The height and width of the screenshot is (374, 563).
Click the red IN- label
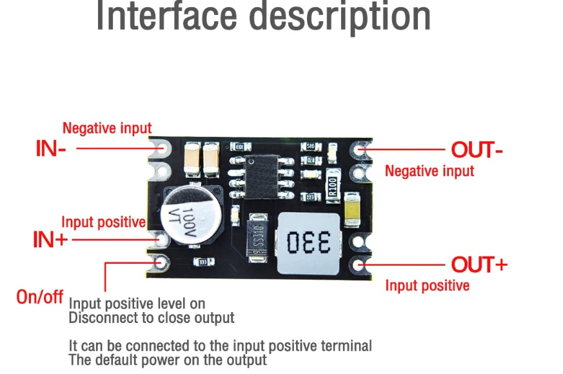coord(50,149)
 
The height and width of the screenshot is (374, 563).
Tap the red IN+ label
coord(50,240)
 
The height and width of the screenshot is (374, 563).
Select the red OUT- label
coord(477,150)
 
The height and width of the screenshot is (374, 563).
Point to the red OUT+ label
coord(479,264)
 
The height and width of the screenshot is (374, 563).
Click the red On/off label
coord(40,297)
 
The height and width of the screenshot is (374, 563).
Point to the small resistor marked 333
coord(203,262)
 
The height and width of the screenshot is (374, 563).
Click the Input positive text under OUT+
coord(427,285)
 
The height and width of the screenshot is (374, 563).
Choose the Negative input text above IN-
coord(106,128)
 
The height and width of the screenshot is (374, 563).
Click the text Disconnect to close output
coord(152,317)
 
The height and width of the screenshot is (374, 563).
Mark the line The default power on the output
coord(168,360)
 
